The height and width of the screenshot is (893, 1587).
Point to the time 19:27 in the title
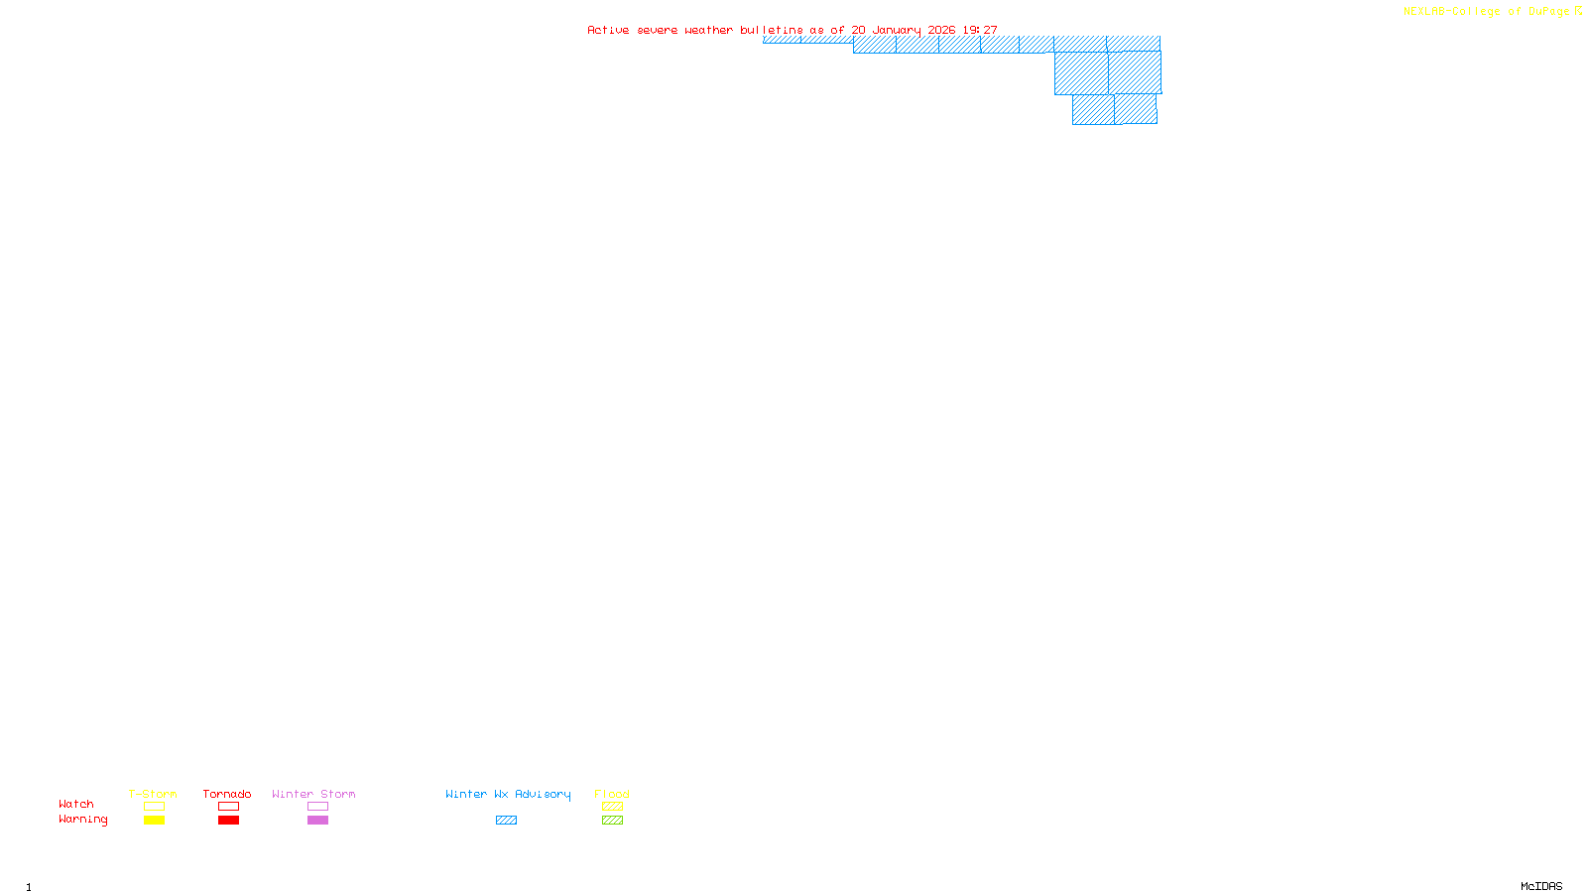tap(980, 31)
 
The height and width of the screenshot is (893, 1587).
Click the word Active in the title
tap(607, 31)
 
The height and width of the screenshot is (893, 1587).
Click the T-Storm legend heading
tap(153, 794)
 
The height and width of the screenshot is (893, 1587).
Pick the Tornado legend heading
tap(227, 794)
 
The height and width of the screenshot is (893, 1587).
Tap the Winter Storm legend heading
tap(313, 794)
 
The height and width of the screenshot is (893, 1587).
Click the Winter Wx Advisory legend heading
tap(508, 794)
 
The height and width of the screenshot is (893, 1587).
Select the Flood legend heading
tap(612, 794)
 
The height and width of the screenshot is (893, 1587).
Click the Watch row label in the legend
tap(76, 805)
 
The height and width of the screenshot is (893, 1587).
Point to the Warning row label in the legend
tap(83, 820)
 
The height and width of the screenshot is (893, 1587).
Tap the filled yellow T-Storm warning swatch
tap(154, 821)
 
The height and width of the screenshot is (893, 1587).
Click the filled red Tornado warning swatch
tap(228, 821)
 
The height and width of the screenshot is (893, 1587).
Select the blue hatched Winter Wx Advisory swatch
tap(506, 821)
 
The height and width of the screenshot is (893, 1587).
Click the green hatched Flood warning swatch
tap(612, 821)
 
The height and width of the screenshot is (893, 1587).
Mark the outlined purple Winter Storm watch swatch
tap(317, 807)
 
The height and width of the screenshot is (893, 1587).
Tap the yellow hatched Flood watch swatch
tap(612, 807)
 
